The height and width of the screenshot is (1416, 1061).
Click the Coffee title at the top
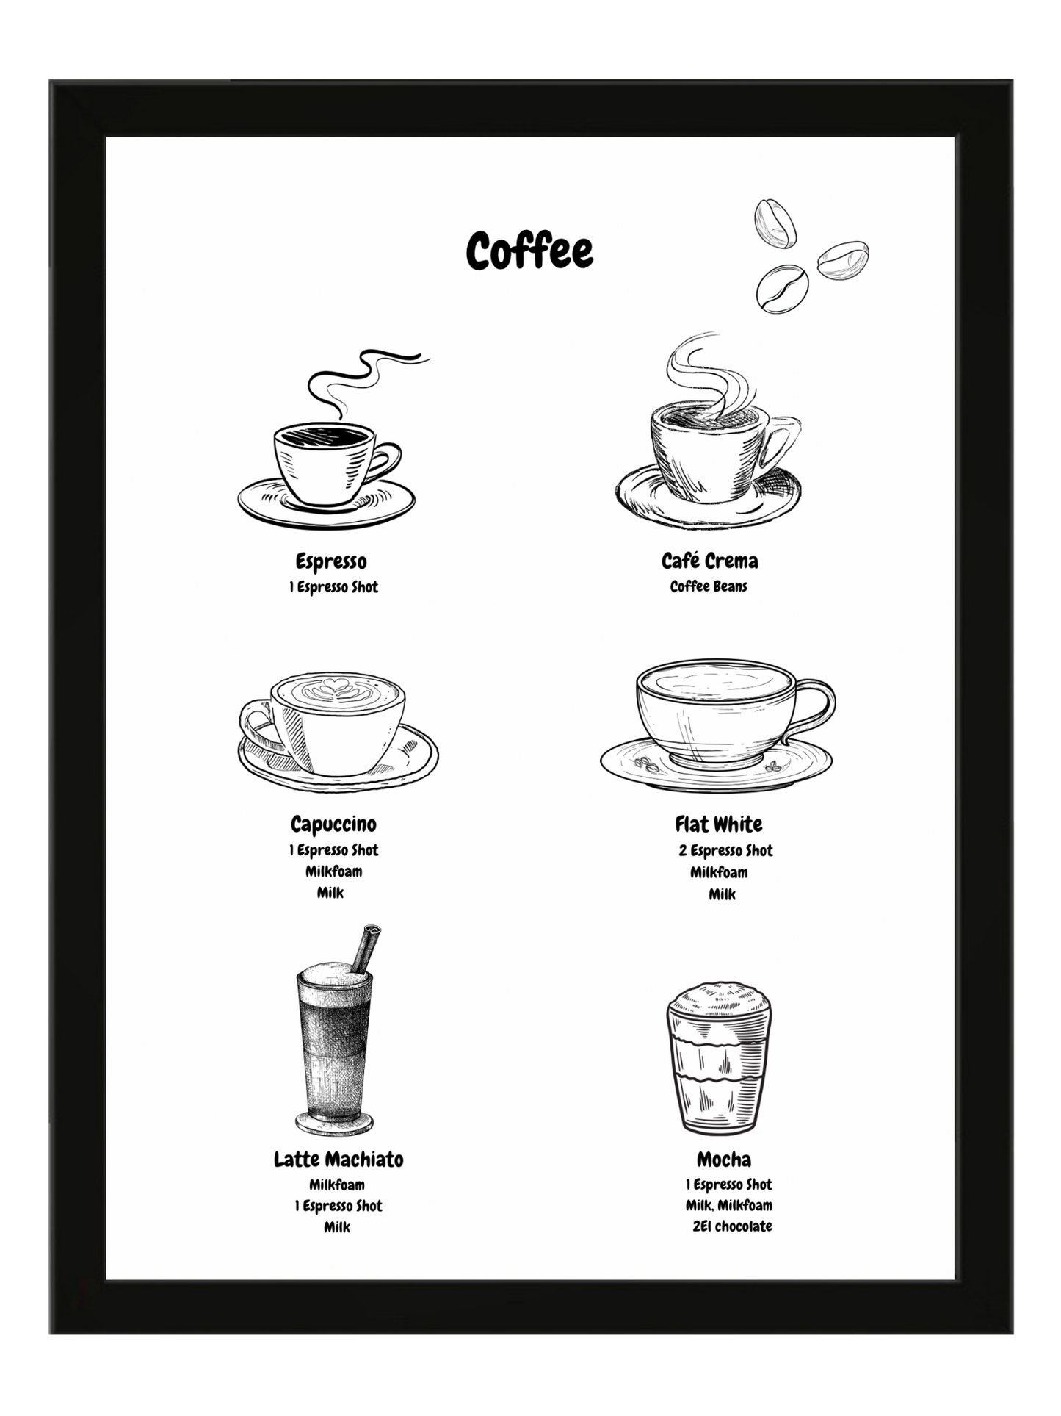(529, 251)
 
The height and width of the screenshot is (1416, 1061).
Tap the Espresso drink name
(331, 562)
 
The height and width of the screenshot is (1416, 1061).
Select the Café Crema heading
(709, 561)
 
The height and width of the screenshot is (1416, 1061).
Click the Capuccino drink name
(333, 824)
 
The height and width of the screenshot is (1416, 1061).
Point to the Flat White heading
(719, 824)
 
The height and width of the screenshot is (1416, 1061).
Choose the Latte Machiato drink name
(338, 1160)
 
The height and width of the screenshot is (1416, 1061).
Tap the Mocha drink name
(724, 1160)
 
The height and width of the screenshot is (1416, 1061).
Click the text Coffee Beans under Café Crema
(709, 586)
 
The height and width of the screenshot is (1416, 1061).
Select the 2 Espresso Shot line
(725, 851)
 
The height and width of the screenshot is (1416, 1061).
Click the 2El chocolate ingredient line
(732, 1226)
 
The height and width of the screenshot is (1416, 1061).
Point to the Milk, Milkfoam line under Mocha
(728, 1205)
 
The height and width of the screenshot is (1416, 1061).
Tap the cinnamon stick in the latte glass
(365, 948)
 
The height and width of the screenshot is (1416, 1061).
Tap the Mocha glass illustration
(719, 1058)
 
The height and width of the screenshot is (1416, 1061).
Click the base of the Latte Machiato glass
(335, 1124)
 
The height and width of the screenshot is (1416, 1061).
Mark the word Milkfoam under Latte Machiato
(337, 1185)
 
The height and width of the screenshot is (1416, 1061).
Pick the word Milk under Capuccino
(330, 893)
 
